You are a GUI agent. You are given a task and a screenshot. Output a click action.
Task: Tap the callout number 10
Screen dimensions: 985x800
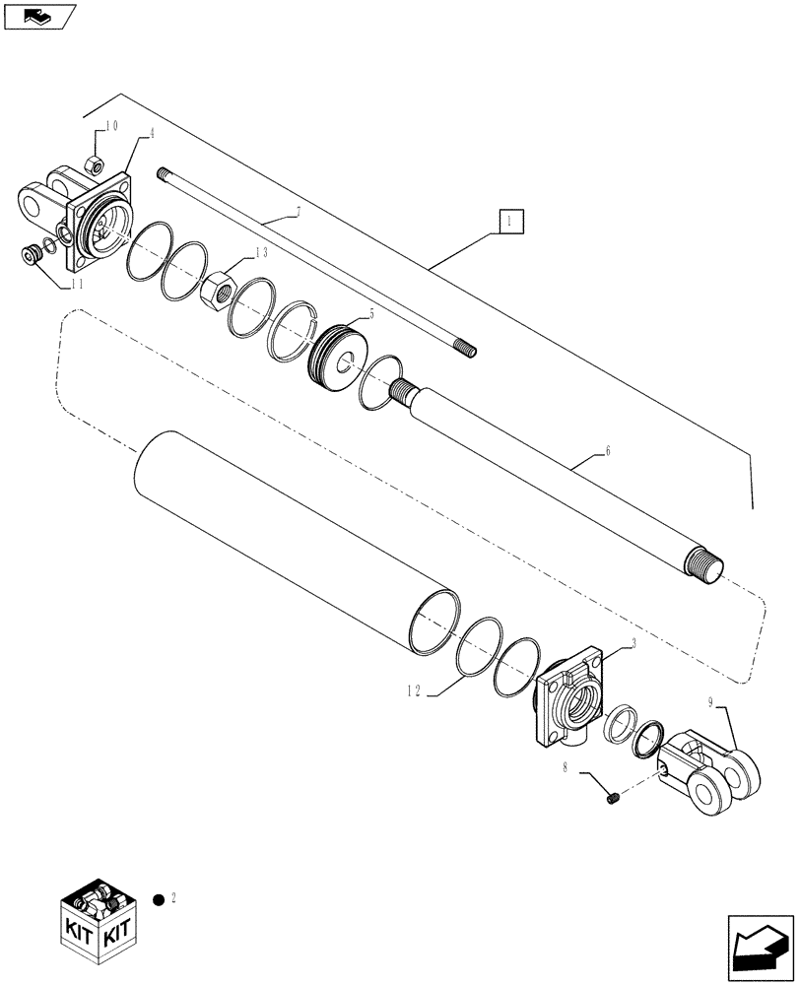point(111,126)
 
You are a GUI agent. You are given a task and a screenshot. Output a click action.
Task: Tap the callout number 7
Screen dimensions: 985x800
point(297,213)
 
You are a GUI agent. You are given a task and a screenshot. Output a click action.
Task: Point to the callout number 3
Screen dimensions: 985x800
point(631,643)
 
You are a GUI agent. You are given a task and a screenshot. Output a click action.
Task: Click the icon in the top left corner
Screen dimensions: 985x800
point(38,15)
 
